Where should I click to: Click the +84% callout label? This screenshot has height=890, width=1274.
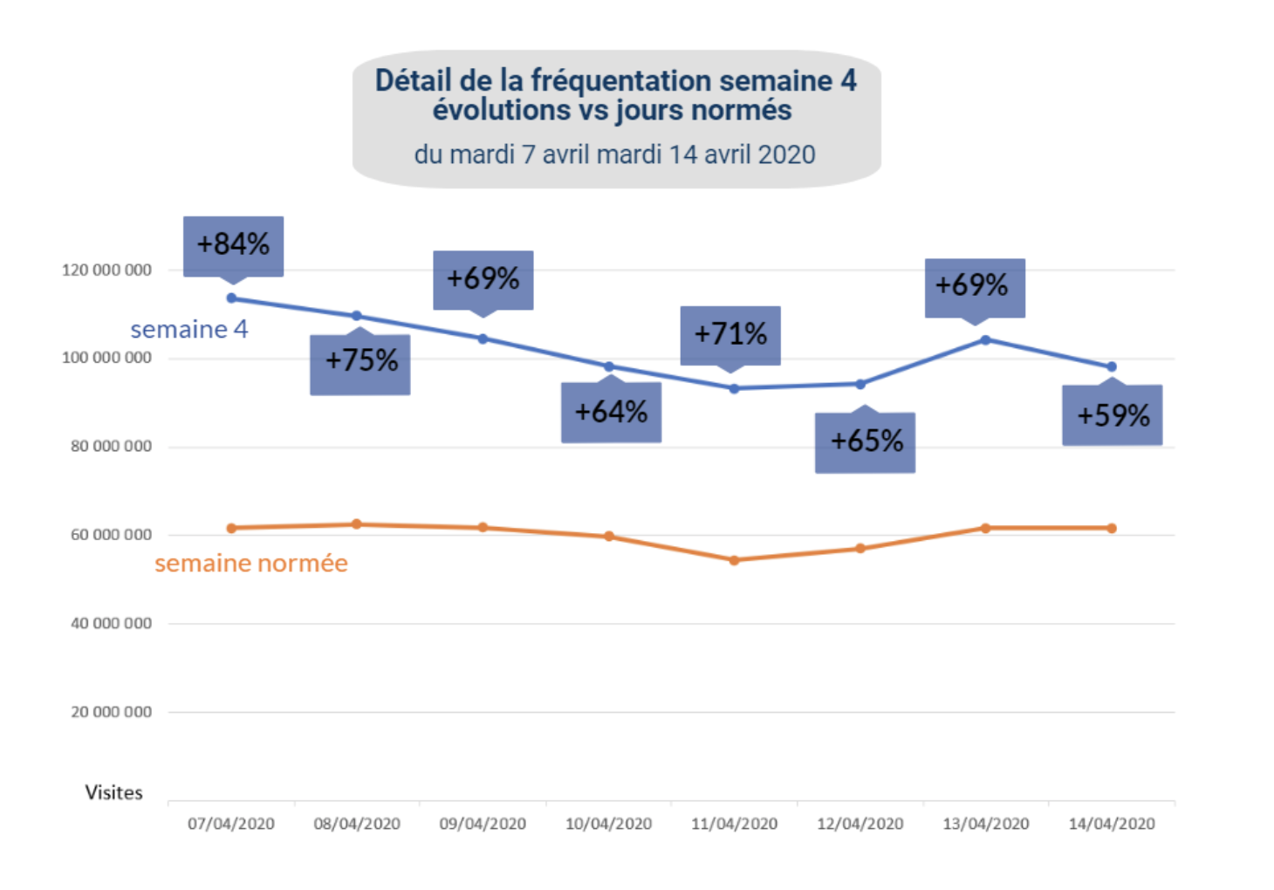click(x=233, y=245)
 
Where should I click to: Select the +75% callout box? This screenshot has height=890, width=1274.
click(x=360, y=361)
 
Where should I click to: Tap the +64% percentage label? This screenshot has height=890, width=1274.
click(x=611, y=412)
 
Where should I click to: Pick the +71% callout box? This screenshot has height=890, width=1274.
click(x=730, y=334)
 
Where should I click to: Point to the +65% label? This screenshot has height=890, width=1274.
click(x=866, y=442)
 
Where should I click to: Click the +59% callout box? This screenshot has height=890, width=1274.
click(x=1113, y=415)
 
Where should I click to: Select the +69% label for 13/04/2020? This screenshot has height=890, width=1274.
click(x=975, y=286)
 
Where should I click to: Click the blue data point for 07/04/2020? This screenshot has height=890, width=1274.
click(x=231, y=298)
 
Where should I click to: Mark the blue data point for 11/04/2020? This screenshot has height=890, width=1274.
click(x=734, y=388)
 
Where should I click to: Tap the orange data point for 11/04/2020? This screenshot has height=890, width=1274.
click(x=734, y=560)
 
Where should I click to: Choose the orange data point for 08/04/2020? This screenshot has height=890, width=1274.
click(x=357, y=524)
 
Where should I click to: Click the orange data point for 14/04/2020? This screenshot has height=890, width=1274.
click(x=1112, y=528)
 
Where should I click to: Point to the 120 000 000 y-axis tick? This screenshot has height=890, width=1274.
click(x=106, y=270)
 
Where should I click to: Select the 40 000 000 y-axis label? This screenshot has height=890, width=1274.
click(x=111, y=624)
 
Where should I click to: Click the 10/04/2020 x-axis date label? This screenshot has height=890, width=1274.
click(x=608, y=824)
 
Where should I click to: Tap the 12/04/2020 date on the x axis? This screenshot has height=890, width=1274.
click(x=860, y=824)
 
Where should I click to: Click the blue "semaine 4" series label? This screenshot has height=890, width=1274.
click(x=189, y=330)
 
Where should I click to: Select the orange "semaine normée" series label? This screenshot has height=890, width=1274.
click(x=251, y=564)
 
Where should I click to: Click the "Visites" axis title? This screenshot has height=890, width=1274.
click(x=113, y=792)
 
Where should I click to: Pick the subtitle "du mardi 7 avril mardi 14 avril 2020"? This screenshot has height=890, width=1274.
click(x=614, y=155)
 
